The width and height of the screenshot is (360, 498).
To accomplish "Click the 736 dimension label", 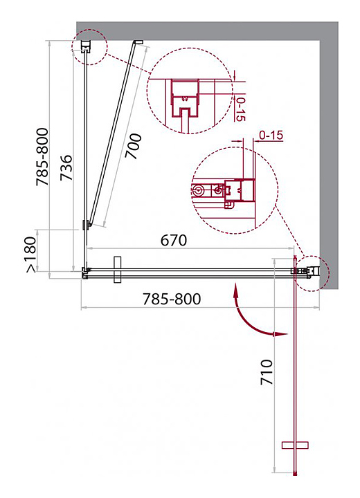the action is pos(66,167).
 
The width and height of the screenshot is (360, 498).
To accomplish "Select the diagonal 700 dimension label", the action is pos(133,146).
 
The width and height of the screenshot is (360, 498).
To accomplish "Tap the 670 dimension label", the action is pos(174,241).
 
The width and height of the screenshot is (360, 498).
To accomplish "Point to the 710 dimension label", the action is pos(267,372).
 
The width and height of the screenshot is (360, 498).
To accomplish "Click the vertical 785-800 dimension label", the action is pos(42,156).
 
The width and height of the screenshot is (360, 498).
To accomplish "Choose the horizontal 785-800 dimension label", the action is pos(172,299).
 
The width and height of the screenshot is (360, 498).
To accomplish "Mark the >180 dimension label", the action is pos(31,255).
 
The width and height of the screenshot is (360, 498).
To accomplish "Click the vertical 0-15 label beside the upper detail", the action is pos(240,109).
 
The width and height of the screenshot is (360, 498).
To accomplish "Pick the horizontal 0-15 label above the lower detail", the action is pos(271,136).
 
